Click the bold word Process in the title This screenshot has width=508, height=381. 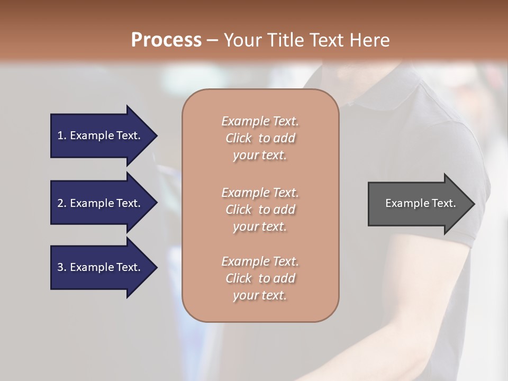pyautogui.click(x=166, y=40)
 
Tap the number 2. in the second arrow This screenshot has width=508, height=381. pyautogui.click(x=62, y=203)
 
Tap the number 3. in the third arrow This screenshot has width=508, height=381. pyautogui.click(x=62, y=267)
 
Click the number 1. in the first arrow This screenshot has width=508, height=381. pyautogui.click(x=62, y=135)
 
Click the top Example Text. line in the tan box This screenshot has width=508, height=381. pyautogui.click(x=260, y=121)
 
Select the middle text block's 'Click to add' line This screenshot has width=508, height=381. pyautogui.click(x=260, y=210)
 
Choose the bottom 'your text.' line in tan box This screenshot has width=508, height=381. pyautogui.click(x=260, y=295)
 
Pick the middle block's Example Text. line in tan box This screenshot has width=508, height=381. pyautogui.click(x=260, y=193)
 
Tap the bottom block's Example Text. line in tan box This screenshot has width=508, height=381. pyautogui.click(x=260, y=261)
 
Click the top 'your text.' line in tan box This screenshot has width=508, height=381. pyautogui.click(x=260, y=155)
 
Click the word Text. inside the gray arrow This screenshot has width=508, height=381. pyautogui.click(x=443, y=203)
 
